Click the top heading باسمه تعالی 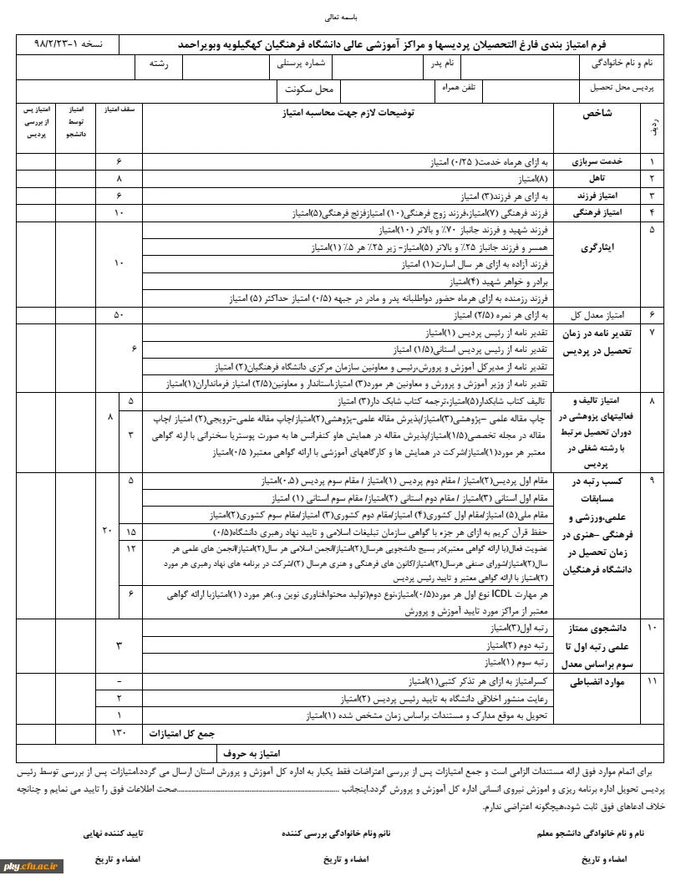(x=339, y=16)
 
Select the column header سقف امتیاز (x=119, y=109)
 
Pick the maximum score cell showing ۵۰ (x=119, y=315)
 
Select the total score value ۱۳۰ (x=119, y=733)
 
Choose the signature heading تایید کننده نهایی (x=113, y=833)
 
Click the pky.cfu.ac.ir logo (x=29, y=866)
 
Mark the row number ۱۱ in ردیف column (x=652, y=682)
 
